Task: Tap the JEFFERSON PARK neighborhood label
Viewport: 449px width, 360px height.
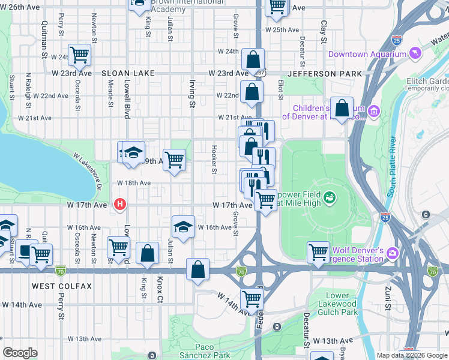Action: click(x=325, y=73)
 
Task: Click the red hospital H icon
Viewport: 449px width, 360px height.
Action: click(x=120, y=205)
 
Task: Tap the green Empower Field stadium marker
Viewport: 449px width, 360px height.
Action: click(x=329, y=197)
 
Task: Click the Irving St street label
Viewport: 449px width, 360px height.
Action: click(x=192, y=95)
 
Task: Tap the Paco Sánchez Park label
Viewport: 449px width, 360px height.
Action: click(x=213, y=351)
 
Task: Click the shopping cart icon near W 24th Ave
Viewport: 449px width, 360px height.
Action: click(x=79, y=55)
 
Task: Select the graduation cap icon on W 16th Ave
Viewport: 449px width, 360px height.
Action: click(x=183, y=226)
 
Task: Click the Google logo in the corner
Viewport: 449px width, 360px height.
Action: click(x=20, y=353)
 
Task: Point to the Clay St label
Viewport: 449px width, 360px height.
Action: click(x=324, y=32)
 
